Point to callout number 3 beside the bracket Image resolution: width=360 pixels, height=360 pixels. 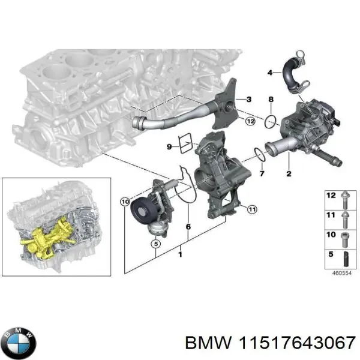pos(249,98)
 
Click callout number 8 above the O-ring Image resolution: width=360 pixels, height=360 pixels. pos(271,99)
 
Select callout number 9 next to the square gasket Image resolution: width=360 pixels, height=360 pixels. pos(169,146)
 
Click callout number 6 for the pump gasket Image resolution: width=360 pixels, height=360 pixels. pos(188,227)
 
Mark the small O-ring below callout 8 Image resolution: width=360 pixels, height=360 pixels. pos(271,122)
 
